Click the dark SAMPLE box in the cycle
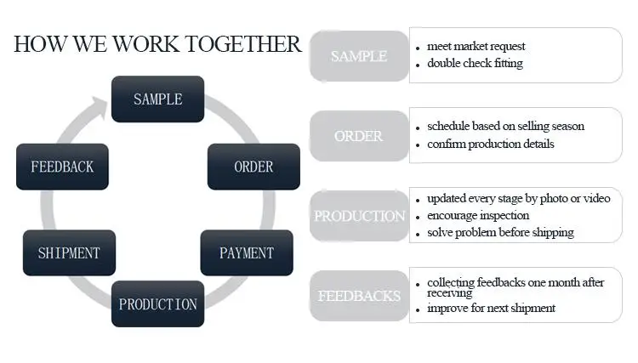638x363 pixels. click(x=157, y=99)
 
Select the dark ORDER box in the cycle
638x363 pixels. click(x=253, y=167)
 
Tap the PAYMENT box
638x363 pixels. click(x=247, y=252)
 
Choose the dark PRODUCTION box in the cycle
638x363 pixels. click(x=157, y=303)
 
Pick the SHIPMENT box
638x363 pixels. click(x=69, y=252)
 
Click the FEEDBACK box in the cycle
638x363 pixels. click(x=62, y=167)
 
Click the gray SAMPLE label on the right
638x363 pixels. click(x=359, y=56)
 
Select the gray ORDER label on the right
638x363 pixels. click(x=359, y=136)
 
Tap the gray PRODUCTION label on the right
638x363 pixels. click(x=359, y=216)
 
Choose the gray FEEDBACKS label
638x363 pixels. click(x=359, y=296)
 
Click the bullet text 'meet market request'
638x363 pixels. click(x=476, y=46)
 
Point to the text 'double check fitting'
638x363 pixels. click(x=475, y=63)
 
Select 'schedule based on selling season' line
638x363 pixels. click(x=505, y=127)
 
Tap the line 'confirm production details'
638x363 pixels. click(x=491, y=144)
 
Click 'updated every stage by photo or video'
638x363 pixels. click(x=518, y=198)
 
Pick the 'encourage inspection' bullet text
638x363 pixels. click(x=478, y=215)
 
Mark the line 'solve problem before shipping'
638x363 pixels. click(x=500, y=232)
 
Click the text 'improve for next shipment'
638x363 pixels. click(x=491, y=308)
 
